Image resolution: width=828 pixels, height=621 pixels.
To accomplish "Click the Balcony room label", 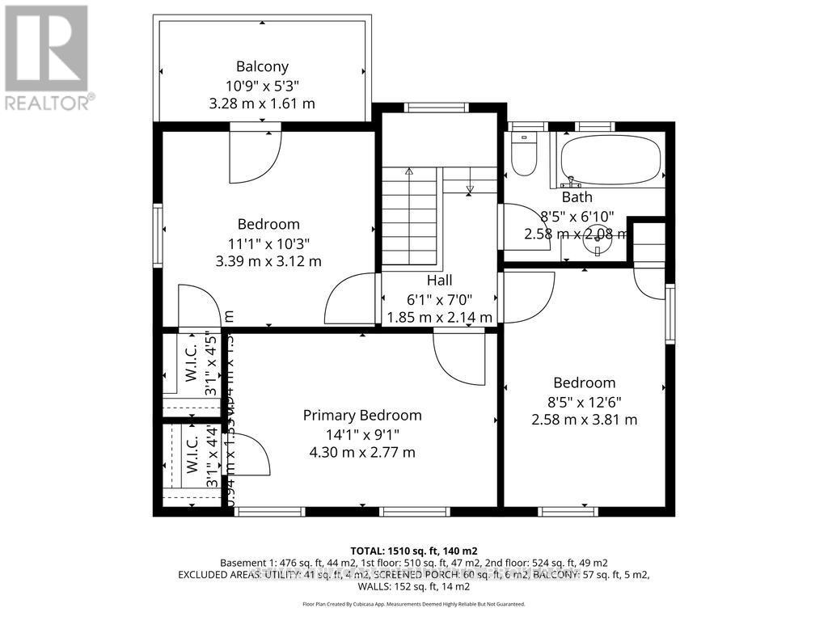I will [262, 66].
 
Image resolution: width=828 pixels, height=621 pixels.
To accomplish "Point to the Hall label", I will [439, 280].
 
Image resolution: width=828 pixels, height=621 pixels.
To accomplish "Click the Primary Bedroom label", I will [362, 415].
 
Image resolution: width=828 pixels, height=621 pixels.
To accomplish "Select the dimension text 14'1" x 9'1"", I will [362, 434].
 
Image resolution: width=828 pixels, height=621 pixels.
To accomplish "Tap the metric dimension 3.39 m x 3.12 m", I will [268, 261].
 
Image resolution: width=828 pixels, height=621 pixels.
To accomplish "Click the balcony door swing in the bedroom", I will [254, 157].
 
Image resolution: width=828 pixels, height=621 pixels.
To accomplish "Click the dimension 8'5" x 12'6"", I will [585, 401].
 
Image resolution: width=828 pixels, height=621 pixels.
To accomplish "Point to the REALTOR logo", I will [48, 57].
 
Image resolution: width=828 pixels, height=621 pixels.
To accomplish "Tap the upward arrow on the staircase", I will [409, 171].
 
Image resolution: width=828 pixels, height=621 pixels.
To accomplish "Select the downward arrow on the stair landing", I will [470, 190].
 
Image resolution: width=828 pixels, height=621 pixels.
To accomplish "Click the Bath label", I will [577, 196].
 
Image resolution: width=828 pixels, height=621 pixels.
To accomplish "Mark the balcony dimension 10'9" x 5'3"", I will [262, 85].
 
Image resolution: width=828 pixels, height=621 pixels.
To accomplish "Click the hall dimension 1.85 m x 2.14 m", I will [439, 318].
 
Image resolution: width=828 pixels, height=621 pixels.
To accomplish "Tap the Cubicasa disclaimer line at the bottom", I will [413, 604].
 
